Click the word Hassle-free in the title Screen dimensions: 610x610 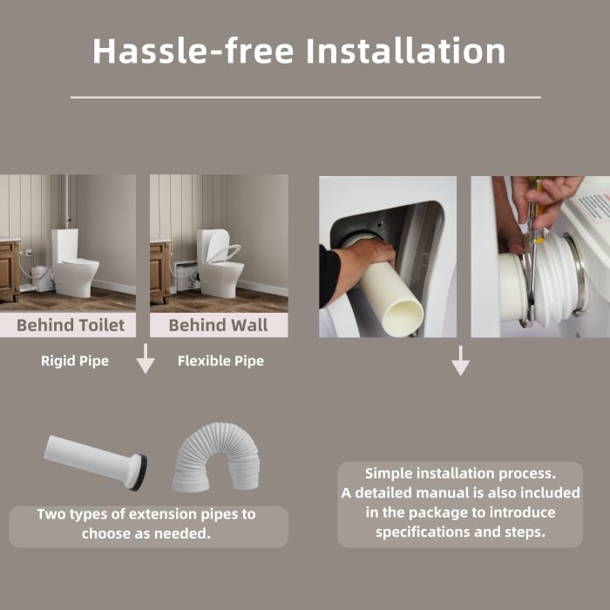(x=193, y=51)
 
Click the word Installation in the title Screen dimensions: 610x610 (x=406, y=51)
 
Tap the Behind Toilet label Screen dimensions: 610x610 (x=71, y=325)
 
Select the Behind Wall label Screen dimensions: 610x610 (x=218, y=325)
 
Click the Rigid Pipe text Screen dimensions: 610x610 (x=75, y=361)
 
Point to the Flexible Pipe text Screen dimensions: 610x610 (x=220, y=361)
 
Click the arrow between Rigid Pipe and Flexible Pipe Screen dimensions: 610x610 (x=146, y=358)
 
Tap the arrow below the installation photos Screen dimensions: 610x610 (x=461, y=361)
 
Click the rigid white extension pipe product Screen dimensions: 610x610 (x=95, y=462)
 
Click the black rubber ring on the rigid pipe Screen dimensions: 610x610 (x=141, y=472)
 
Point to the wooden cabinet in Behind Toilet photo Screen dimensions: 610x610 (x=10, y=269)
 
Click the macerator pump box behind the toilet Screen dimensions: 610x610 (x=40, y=279)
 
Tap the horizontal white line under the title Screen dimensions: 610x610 (x=306, y=98)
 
